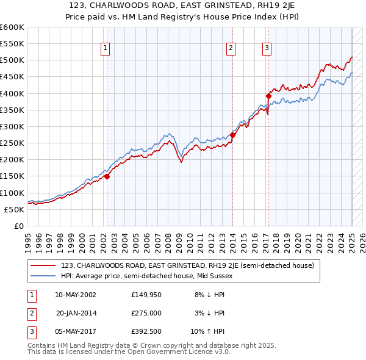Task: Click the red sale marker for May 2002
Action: [107, 176]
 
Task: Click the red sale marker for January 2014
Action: [233, 135]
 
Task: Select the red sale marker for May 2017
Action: [268, 96]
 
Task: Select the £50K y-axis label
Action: [14, 209]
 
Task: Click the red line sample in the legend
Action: [43, 265]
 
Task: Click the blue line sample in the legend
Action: [43, 276]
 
